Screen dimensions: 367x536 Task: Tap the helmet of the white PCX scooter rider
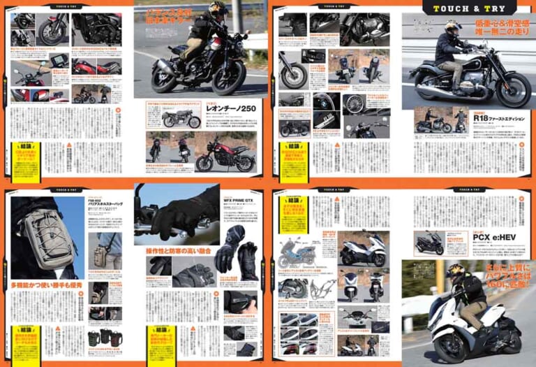tap(456, 271)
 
